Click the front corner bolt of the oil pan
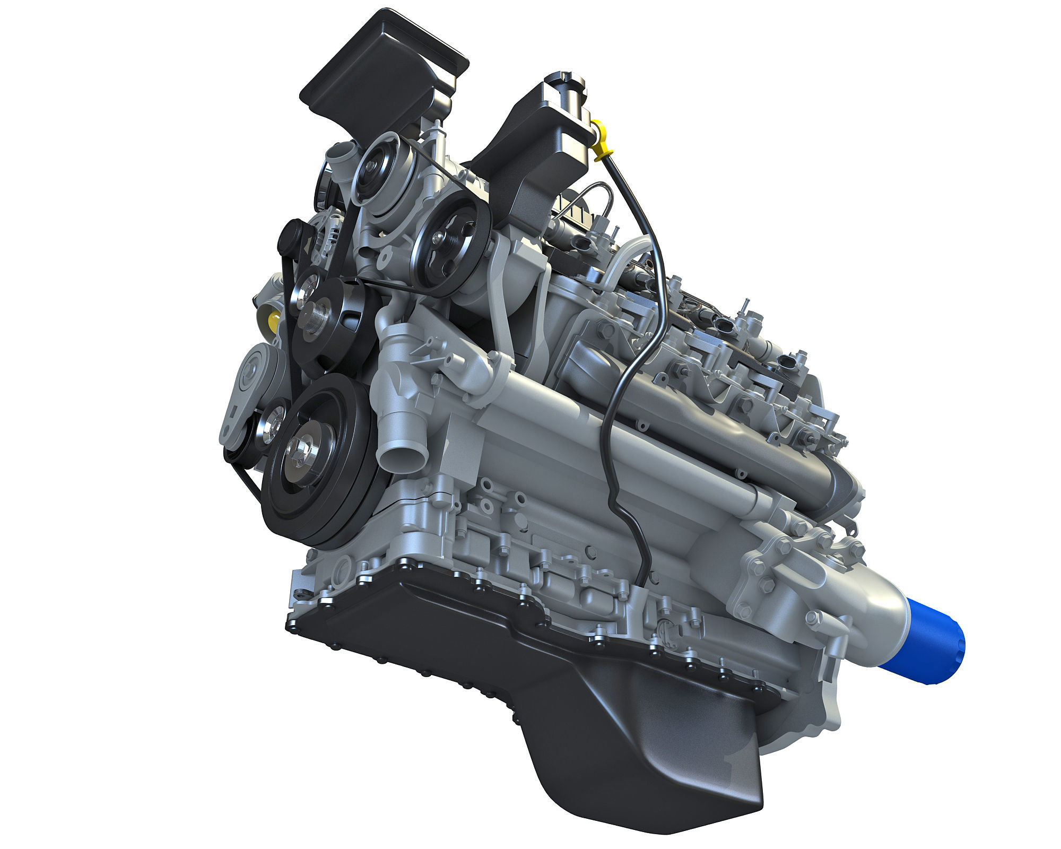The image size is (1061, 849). click(291, 626)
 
